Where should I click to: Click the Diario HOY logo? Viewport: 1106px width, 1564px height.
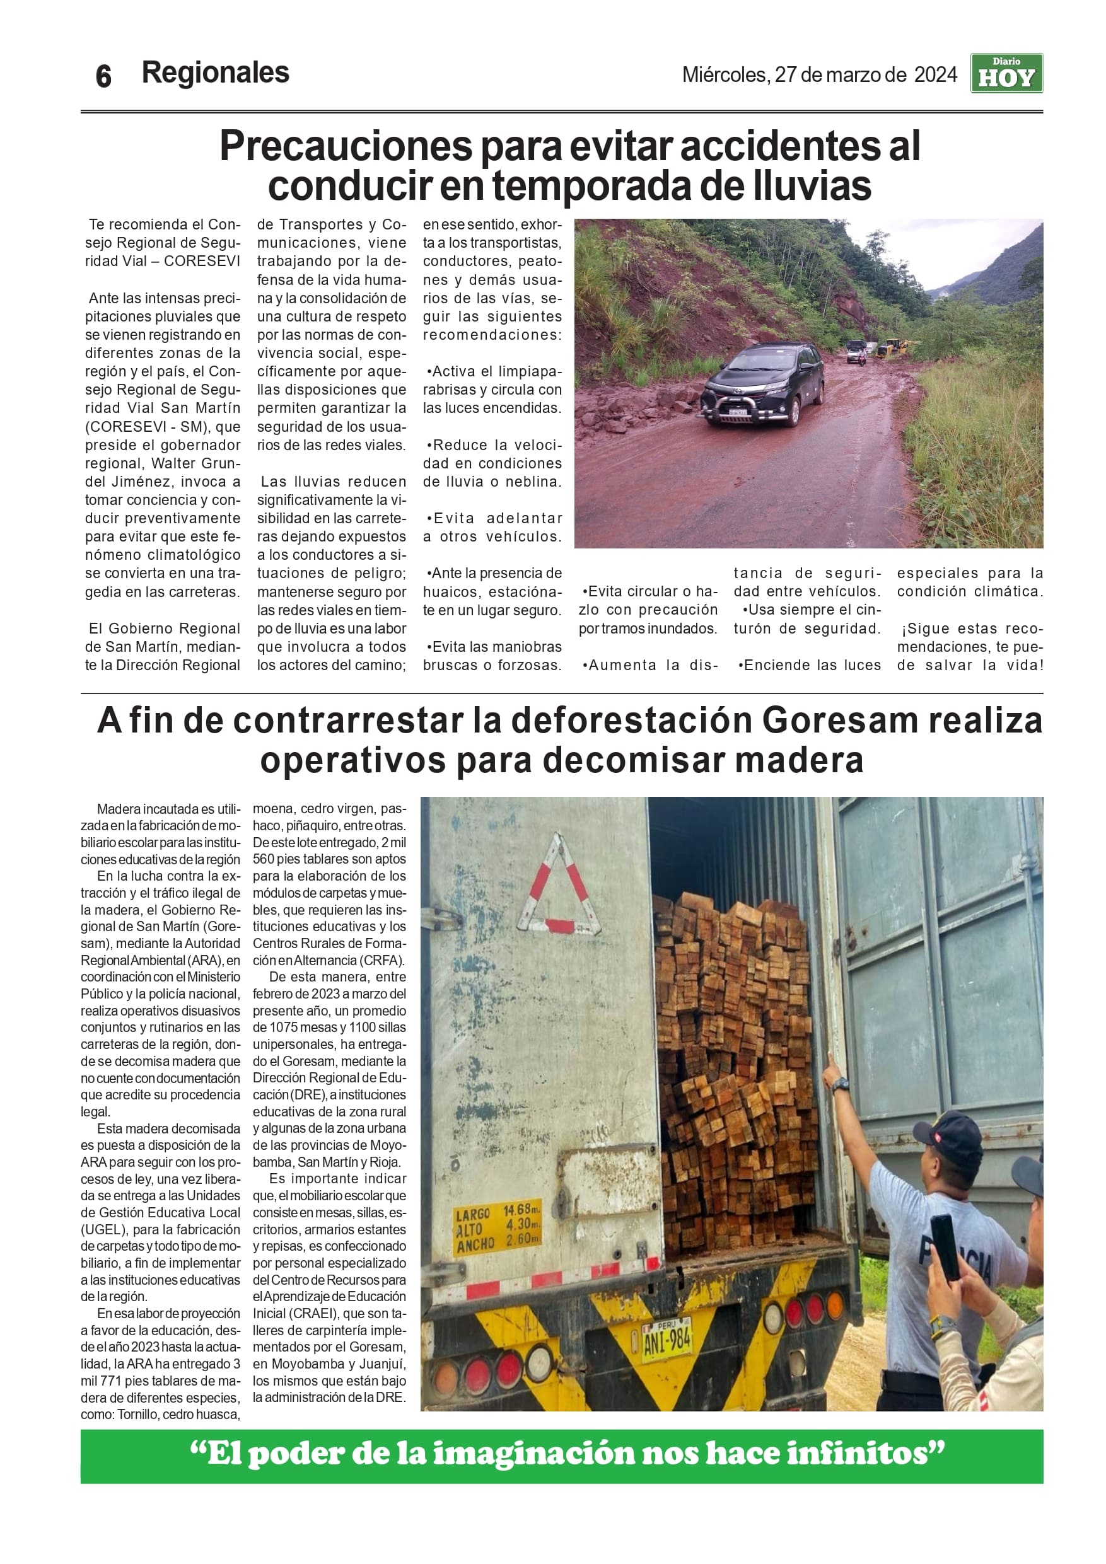pyautogui.click(x=1006, y=74)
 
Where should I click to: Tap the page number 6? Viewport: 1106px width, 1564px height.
pyautogui.click(x=103, y=76)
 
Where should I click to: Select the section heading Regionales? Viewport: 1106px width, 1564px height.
pyautogui.click(x=216, y=73)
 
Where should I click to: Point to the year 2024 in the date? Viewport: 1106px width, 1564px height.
pyautogui.click(x=935, y=74)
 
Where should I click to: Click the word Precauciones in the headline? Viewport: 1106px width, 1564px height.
pyautogui.click(x=346, y=146)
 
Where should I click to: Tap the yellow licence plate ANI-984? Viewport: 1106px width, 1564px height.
pyautogui.click(x=666, y=1340)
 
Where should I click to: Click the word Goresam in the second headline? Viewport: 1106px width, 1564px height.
pyautogui.click(x=839, y=720)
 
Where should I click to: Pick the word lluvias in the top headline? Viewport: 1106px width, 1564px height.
pyautogui.click(x=812, y=186)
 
